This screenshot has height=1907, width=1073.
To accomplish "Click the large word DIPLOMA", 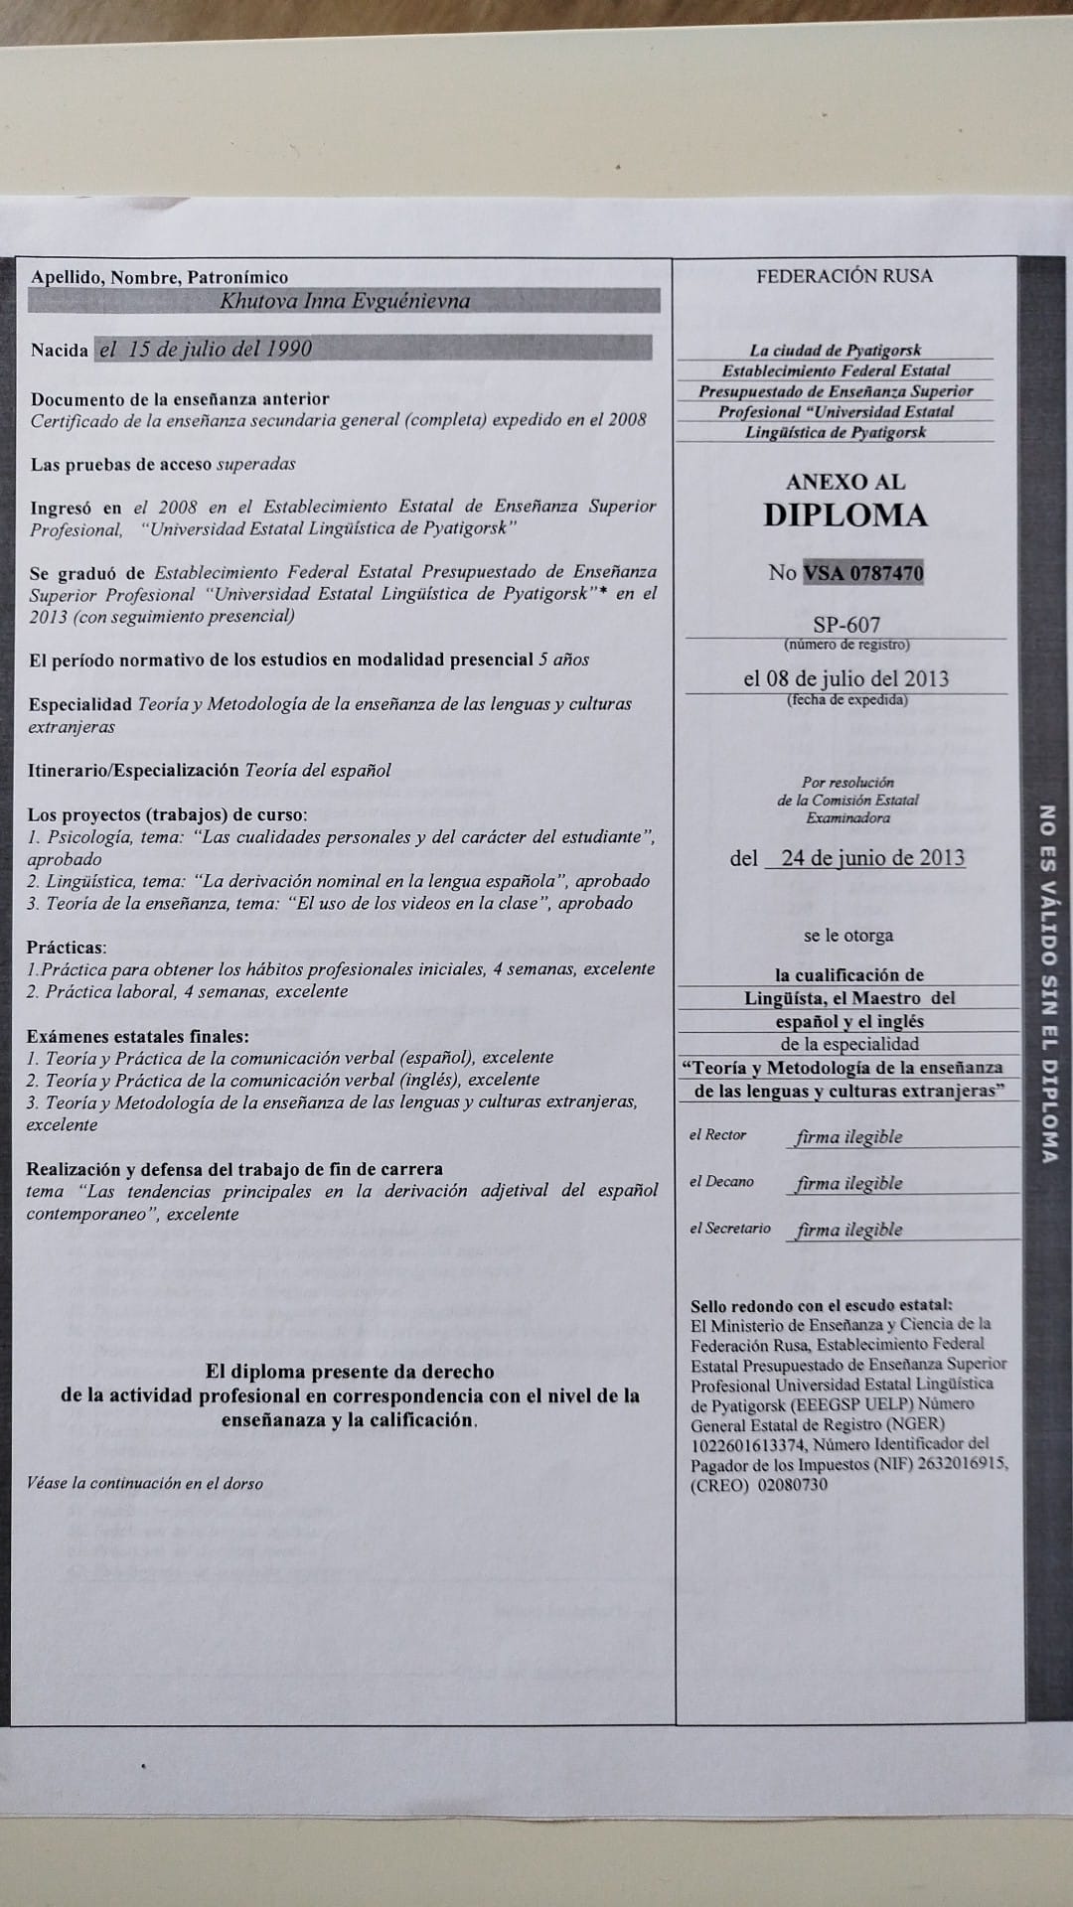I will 844,514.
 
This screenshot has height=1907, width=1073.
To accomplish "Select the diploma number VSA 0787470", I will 861,572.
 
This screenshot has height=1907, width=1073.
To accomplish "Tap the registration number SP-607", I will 845,626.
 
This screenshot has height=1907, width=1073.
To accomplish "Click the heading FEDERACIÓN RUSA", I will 844,276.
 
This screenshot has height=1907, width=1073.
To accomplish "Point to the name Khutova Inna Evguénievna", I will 344,301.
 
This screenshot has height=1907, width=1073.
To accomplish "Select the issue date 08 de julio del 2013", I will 845,678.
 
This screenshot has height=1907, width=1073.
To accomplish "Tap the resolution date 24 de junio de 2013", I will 871,857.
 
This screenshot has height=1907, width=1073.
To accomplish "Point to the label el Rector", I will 717,1135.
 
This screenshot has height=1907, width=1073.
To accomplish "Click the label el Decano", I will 721,1182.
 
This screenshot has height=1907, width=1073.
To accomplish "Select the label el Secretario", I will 729,1229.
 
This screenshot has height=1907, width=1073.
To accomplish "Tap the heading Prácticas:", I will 67,948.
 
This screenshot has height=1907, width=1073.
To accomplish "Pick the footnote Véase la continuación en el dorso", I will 145,1483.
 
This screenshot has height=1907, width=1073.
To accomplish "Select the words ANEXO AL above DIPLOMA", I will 844,482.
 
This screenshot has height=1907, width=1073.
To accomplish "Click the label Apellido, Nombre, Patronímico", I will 159,277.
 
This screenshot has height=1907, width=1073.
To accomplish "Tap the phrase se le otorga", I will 847,935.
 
